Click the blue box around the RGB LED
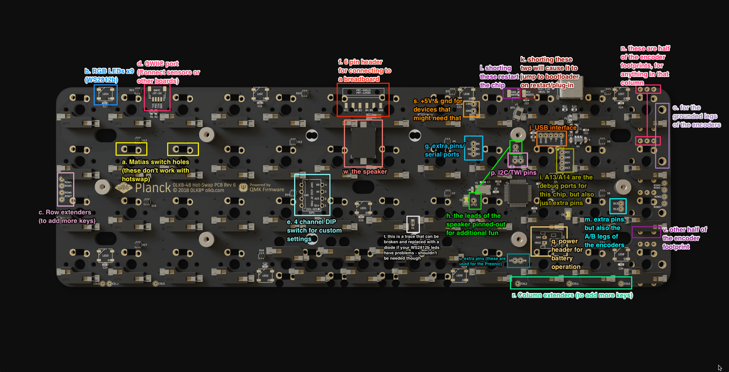[105, 95]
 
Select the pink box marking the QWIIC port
[157, 97]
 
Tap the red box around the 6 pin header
[363, 99]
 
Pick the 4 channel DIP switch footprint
[312, 195]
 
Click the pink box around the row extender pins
[66, 189]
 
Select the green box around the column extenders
[571, 283]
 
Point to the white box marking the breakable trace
[413, 224]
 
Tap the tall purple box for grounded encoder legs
[662, 135]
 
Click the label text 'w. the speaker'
[365, 172]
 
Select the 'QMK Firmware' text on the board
[270, 189]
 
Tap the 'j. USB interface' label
[553, 128]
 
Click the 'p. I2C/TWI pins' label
[513, 172]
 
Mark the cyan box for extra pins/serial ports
[474, 148]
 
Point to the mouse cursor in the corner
[720, 367]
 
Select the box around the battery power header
[549, 241]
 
